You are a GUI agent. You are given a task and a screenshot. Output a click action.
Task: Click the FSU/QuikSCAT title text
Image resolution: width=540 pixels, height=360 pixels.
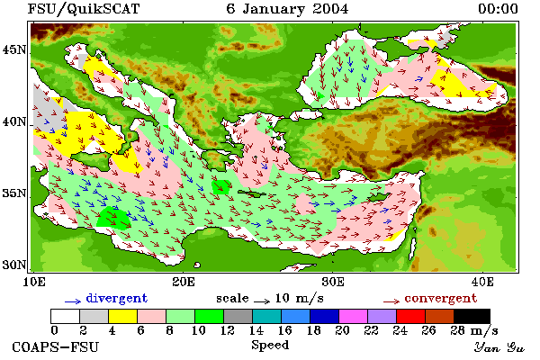coord(84,9)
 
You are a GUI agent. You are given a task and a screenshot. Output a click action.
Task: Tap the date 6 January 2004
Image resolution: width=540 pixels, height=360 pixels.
coord(287,9)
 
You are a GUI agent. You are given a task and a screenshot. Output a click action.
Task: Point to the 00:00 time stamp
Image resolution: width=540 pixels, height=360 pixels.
coord(498,9)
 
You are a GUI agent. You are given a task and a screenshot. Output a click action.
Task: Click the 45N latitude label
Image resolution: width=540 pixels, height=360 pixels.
coord(14,50)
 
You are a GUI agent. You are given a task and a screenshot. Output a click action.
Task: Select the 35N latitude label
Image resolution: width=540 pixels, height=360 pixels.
coord(14,193)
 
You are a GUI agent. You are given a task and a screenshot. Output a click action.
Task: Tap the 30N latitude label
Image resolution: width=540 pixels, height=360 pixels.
coord(14,265)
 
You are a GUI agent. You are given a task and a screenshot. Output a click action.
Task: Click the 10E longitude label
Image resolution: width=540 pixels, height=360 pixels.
coord(34,282)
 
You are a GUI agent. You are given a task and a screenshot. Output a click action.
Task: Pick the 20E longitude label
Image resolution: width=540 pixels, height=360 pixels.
coord(184,282)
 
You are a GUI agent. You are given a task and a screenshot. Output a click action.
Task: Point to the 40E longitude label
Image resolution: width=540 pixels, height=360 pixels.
coord(482,282)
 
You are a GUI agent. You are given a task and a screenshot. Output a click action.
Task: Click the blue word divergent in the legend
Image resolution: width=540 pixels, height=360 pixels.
coord(117,298)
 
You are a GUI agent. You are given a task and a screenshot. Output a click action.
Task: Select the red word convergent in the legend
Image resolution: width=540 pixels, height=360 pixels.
coord(441,298)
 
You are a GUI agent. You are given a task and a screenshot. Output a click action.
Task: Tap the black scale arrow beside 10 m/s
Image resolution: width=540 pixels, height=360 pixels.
coord(262,301)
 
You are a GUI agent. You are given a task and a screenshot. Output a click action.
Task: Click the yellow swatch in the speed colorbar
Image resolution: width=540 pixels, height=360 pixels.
coord(122,316)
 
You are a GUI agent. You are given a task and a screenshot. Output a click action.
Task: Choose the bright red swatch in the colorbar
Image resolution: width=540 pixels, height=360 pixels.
coord(410,316)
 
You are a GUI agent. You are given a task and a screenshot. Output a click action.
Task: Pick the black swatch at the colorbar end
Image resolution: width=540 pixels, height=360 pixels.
coord(472,316)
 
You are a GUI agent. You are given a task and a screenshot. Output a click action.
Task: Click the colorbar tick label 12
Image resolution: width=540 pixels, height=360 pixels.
coord(228,330)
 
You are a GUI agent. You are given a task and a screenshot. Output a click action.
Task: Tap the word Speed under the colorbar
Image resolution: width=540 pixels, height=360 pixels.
coord(270,346)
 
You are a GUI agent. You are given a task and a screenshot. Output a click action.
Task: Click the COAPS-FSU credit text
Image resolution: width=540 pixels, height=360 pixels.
coord(56,347)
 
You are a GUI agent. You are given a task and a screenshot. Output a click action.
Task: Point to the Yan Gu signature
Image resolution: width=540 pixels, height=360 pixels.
coord(499,347)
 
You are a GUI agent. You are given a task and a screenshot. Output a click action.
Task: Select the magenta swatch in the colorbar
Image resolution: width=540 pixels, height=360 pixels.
coord(353,316)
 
